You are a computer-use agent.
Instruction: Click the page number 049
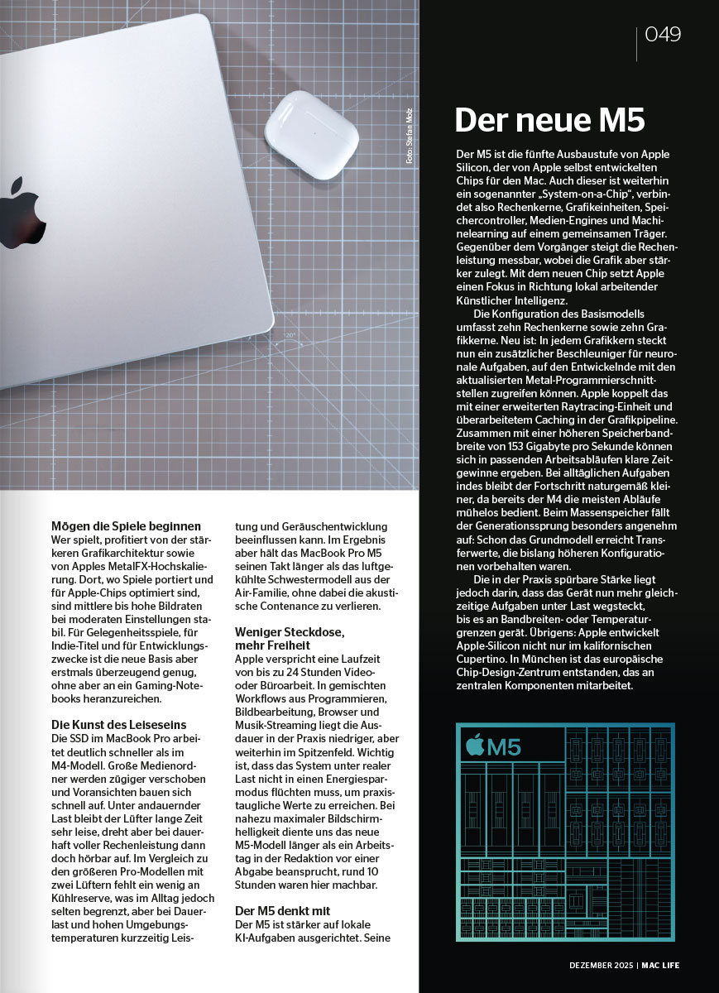663,34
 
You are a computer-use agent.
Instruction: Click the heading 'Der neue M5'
549,120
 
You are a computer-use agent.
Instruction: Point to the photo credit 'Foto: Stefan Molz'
409,136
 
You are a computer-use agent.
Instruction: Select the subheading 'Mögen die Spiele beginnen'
126,525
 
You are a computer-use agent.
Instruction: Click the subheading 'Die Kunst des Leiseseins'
119,725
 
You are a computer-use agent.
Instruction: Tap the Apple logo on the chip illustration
475,746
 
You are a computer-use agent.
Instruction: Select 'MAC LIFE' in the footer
660,965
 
